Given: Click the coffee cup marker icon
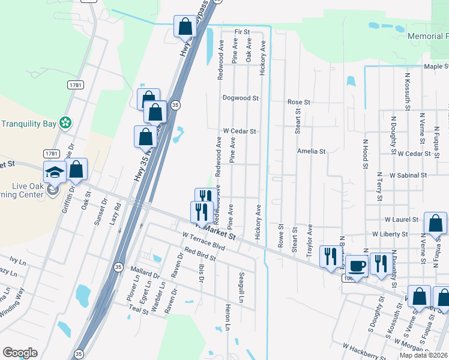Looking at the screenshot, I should click(357, 265).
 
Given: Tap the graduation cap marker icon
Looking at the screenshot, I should click(55, 172).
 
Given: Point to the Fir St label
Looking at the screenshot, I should click(242, 31).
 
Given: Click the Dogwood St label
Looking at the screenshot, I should click(240, 97).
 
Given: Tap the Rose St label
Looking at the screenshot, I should click(298, 103).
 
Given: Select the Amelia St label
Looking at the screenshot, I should click(311, 152).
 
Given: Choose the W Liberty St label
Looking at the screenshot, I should click(390, 234).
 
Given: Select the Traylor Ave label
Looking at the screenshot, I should click(310, 241).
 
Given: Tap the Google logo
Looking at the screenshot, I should click(20, 353).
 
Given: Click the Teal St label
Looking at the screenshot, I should click(138, 310).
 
